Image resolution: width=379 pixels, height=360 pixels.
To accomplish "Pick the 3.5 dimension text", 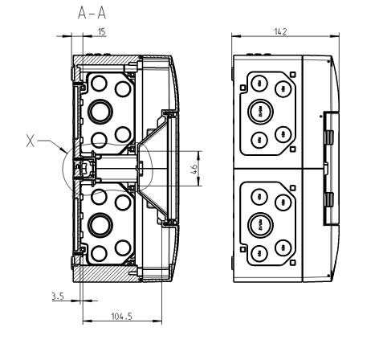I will click(57, 296).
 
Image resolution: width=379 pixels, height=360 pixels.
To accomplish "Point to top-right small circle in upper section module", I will click(122, 84).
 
